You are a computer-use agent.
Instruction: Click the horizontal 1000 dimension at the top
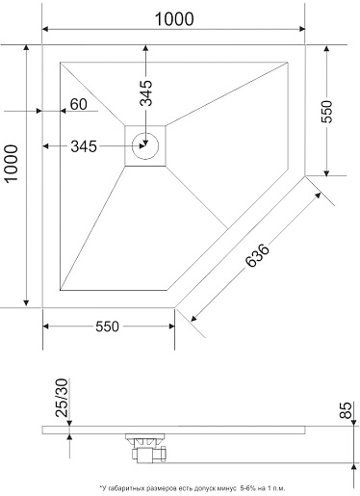174,19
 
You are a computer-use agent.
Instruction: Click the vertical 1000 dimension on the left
12,164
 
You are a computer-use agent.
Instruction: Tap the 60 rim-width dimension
79,104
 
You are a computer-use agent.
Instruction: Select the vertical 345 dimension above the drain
146,92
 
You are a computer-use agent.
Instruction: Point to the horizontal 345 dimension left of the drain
84,146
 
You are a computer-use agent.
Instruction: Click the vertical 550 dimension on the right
327,112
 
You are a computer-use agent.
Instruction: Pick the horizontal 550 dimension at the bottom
107,326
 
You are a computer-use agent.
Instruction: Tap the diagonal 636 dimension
257,256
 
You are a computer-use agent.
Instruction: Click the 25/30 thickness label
62,398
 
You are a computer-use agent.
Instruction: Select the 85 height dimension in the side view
346,410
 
